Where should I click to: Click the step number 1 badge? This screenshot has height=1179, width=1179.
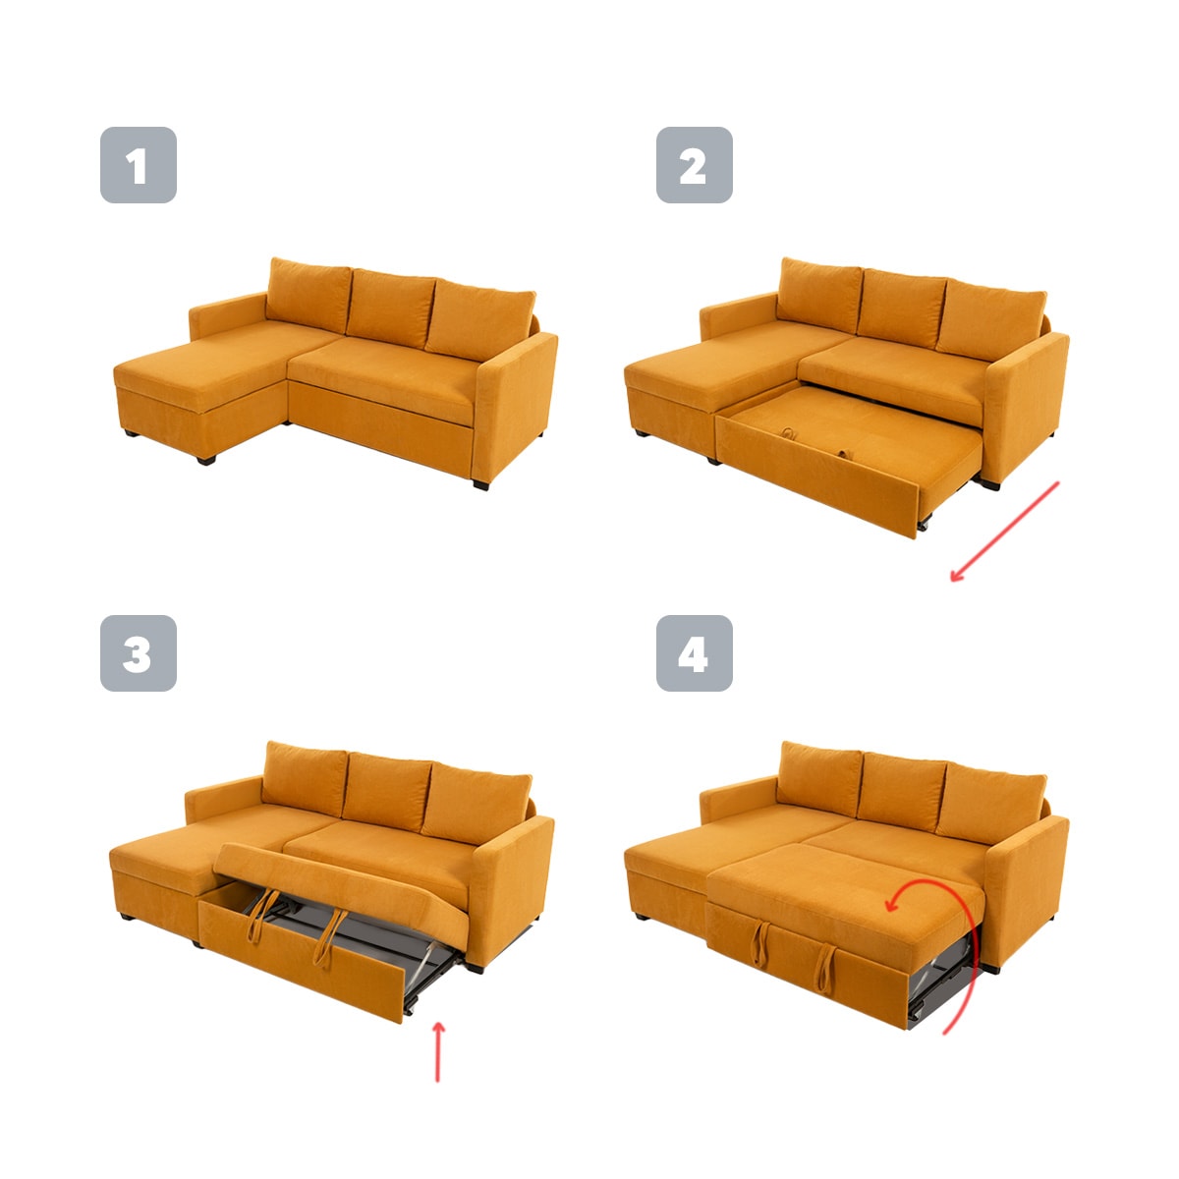(139, 165)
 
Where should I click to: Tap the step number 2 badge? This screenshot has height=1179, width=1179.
(695, 165)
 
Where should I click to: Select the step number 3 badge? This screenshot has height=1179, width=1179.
(139, 653)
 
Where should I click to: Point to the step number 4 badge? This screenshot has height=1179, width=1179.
(695, 653)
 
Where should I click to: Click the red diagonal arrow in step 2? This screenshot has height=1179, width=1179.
(1004, 532)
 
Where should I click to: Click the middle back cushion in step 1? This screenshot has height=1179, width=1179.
(392, 309)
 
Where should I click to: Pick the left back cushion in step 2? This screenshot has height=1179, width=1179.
(819, 296)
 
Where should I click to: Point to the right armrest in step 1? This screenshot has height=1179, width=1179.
(515, 405)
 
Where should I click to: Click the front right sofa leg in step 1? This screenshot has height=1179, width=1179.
(480, 485)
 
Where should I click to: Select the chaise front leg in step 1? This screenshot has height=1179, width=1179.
(206, 460)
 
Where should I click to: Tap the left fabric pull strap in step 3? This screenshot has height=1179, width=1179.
(261, 916)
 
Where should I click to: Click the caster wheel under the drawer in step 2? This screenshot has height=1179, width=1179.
(924, 525)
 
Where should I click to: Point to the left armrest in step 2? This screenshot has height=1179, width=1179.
(739, 317)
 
